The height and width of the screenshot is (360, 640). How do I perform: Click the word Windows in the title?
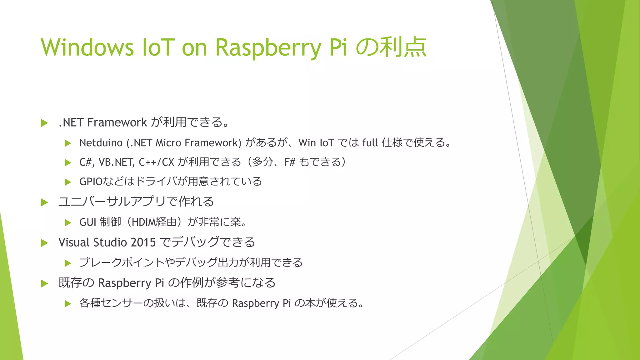pyautogui.click(x=87, y=47)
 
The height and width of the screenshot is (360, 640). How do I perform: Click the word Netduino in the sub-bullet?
pyautogui.click(x=101, y=143)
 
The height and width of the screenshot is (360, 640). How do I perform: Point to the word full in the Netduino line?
pyautogui.click(x=370, y=143)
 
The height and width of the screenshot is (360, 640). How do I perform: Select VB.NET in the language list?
pyautogui.click(x=116, y=162)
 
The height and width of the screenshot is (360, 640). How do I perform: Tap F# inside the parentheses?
pyautogui.click(x=289, y=162)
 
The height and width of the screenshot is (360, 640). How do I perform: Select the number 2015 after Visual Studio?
pyautogui.click(x=143, y=242)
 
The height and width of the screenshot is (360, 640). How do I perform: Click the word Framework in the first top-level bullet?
pyautogui.click(x=117, y=122)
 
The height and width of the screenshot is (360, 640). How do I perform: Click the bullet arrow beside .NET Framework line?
pyautogui.click(x=44, y=123)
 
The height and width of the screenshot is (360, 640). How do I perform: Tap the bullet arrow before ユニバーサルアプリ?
pyautogui.click(x=44, y=202)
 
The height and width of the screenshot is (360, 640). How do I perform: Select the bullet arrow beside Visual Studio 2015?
pyautogui.click(x=44, y=243)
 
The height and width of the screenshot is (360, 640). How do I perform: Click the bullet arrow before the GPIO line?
pyautogui.click(x=68, y=182)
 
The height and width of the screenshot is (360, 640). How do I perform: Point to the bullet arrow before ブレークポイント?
pyautogui.click(x=68, y=263)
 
